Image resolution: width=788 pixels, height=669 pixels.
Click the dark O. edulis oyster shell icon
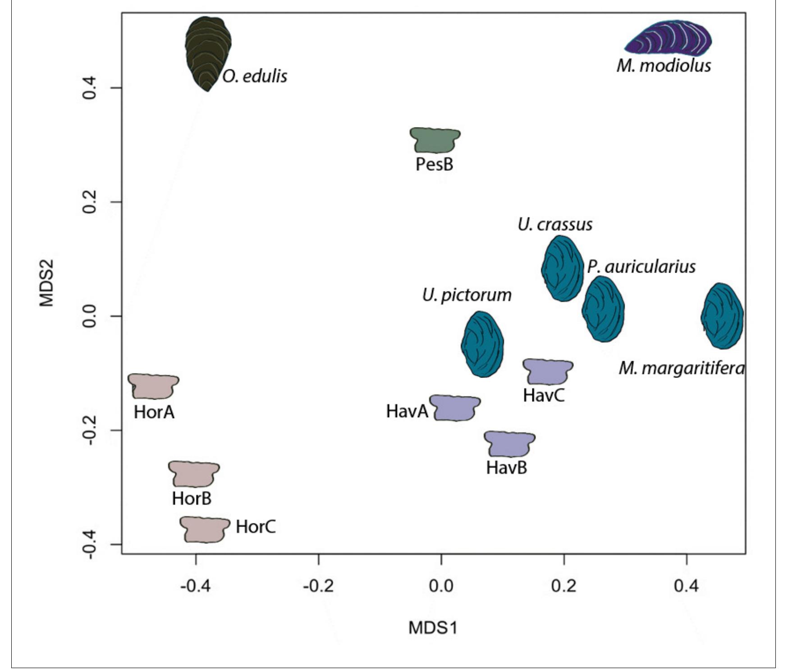[208, 52]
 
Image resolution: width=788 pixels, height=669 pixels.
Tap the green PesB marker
[435, 140]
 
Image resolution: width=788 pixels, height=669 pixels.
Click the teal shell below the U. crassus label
[562, 269]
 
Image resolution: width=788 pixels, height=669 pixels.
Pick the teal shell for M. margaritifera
[722, 316]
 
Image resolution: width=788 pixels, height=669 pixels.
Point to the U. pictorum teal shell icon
[482, 344]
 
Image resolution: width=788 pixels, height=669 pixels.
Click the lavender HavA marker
[454, 408]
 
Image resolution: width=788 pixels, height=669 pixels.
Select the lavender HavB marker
[509, 444]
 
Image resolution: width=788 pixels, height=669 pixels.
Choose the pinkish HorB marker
[194, 474]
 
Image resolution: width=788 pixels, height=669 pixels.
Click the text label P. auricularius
[641, 267]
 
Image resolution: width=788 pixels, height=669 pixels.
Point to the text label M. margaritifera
[681, 369]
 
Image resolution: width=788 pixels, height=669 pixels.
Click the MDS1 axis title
[433, 628]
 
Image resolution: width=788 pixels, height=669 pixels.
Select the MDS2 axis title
[46, 283]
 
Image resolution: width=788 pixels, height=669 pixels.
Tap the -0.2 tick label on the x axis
[318, 586]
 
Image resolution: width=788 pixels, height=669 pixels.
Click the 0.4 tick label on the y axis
[90, 87]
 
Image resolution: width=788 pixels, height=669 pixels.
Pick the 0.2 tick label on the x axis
[564, 586]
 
